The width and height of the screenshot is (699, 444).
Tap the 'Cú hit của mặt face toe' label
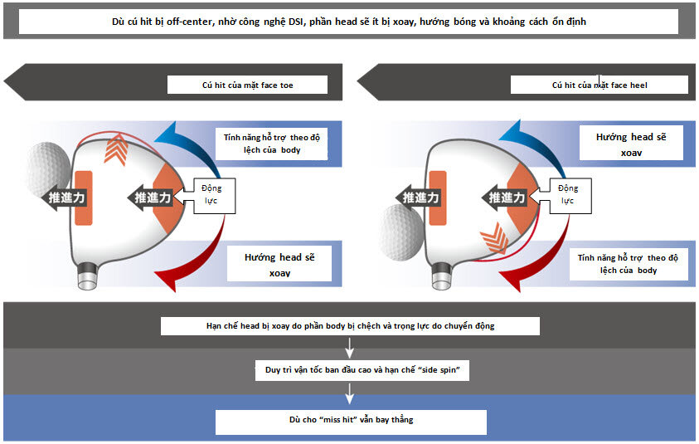tap(247, 85)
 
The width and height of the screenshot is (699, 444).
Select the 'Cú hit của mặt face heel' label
tap(599, 85)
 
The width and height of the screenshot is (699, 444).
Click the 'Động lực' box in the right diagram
tap(567, 194)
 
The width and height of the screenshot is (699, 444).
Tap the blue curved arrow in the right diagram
tap(539, 138)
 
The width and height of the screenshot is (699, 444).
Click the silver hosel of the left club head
tap(85, 276)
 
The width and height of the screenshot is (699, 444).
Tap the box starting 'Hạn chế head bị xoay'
tap(350, 325)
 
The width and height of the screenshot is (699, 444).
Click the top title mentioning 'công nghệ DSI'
tap(348, 22)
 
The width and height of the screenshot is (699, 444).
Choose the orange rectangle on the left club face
tap(84, 198)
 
